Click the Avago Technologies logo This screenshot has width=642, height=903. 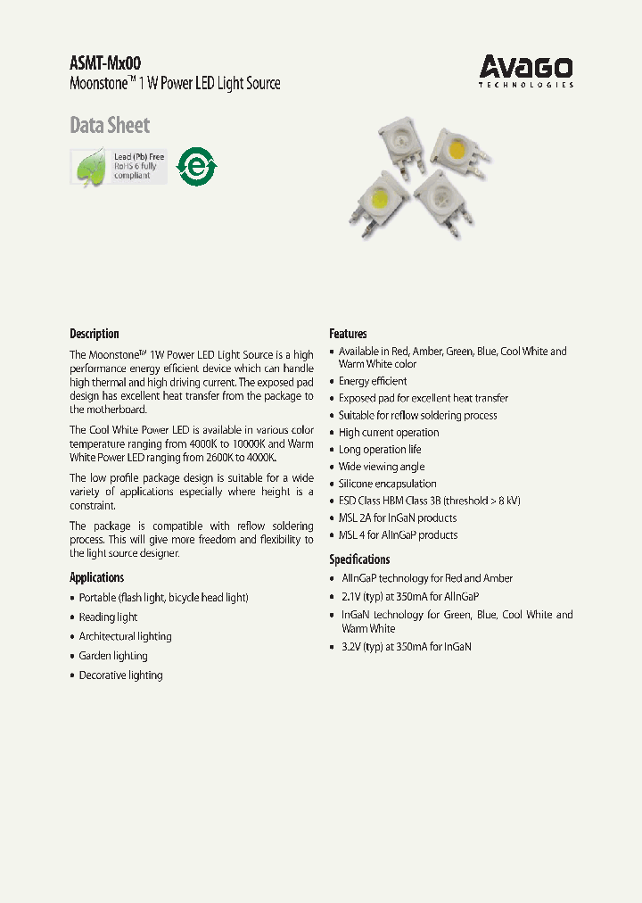(525, 70)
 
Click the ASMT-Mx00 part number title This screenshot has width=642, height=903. (105, 62)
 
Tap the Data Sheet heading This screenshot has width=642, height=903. (110, 126)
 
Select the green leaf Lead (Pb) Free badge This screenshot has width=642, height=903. (119, 166)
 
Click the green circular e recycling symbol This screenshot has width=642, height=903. (196, 166)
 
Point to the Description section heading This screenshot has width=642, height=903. (95, 334)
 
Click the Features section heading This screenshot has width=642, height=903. (348, 334)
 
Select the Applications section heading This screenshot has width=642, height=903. (97, 577)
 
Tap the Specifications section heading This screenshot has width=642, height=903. (359, 559)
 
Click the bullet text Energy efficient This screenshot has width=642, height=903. (373, 381)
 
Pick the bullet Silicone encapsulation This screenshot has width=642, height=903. (387, 484)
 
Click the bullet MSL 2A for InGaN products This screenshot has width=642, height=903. (397, 518)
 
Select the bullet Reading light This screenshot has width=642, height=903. (108, 617)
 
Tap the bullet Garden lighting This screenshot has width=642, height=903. (113, 656)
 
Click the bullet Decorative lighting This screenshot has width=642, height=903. (120, 675)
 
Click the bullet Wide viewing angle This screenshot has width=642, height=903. (382, 467)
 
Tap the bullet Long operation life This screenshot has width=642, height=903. (380, 450)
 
